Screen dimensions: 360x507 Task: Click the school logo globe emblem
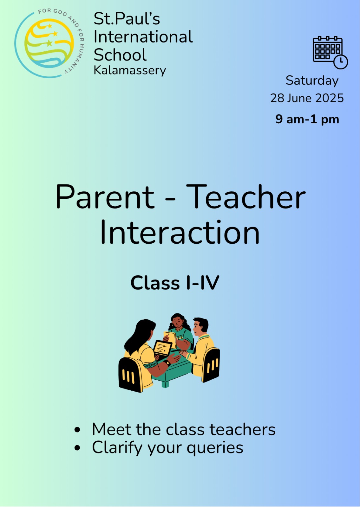coord(49,43)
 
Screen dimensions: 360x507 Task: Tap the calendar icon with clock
coord(330,52)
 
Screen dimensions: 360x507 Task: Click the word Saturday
coord(312,81)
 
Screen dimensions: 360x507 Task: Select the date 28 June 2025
coord(307,98)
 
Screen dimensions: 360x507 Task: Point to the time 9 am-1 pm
coord(307,119)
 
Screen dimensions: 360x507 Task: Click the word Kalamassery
coord(130,71)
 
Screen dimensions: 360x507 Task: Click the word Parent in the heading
coord(105,196)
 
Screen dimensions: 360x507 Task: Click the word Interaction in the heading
coord(180,232)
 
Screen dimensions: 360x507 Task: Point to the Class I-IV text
coord(175,283)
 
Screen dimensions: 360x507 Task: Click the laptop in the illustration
coord(162,349)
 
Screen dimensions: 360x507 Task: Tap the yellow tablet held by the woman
coord(170,339)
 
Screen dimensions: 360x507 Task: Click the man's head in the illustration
coord(200,327)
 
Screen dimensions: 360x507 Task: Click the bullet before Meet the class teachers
coord(77,429)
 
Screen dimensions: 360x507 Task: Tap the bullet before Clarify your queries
coord(77,448)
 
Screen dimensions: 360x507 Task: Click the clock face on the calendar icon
coord(341,61)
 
